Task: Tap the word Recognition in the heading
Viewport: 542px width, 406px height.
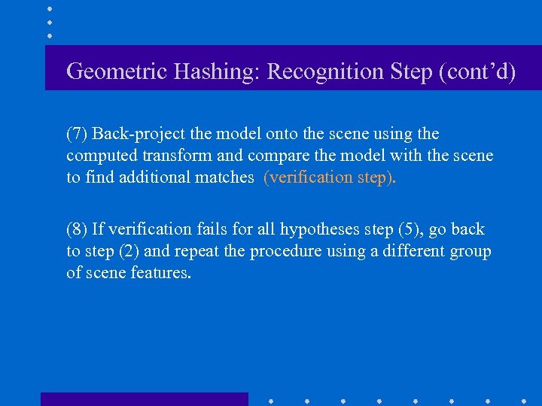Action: coord(327,71)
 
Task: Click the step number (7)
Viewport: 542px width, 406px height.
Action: coord(77,134)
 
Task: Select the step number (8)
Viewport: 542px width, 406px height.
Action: coord(77,229)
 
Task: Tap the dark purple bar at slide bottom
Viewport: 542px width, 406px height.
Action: coord(144,398)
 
